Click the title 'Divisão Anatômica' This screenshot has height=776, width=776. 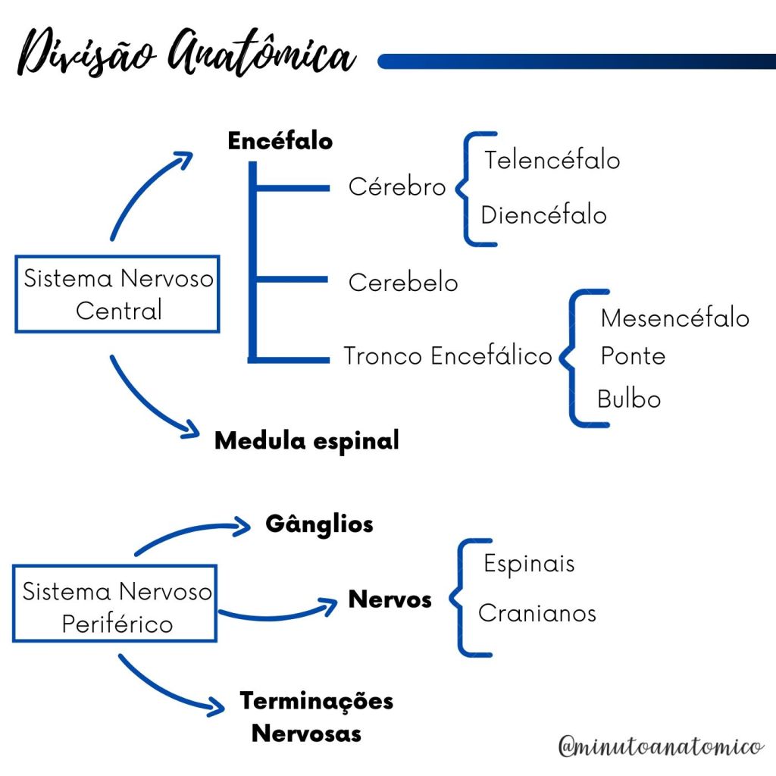[186, 55]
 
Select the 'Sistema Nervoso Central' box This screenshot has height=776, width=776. [117, 294]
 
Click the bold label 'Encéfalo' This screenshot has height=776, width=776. [280, 141]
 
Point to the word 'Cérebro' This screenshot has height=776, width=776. [396, 186]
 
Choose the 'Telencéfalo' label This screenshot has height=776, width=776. [552, 160]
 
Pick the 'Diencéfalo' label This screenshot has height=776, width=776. [543, 215]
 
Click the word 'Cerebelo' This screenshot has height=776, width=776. [402, 283]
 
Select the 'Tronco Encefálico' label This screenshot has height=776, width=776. [447, 355]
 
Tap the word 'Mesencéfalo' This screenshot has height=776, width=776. [674, 318]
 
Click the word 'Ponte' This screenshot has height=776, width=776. [633, 356]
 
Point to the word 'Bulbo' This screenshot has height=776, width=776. [628, 399]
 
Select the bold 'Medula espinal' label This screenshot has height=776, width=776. [306, 440]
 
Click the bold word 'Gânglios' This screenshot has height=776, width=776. [319, 524]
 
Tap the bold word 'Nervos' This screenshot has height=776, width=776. [390, 600]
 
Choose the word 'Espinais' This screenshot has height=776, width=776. [529, 564]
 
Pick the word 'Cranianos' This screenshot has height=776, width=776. [537, 612]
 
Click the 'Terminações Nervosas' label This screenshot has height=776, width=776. [316, 717]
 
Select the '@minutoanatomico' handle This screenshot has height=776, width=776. [660, 746]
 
